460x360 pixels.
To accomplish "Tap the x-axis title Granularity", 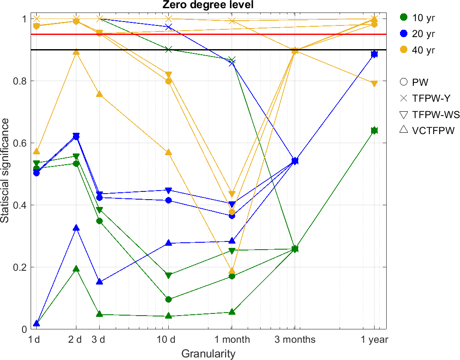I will tap(208, 354).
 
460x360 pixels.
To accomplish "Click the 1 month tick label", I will tap(232, 340).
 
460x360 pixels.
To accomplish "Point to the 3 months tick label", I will tap(296, 340).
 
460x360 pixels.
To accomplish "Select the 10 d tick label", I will tap(169, 340).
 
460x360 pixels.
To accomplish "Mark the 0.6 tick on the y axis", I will tap(21, 143).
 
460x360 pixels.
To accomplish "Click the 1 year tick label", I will tap(374, 340).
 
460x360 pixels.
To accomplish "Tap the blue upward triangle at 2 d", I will tap(76, 228).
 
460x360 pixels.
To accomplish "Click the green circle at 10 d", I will tap(169, 299).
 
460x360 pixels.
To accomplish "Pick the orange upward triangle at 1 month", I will tap(232, 271).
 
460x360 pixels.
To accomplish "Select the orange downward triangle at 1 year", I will tap(374, 84).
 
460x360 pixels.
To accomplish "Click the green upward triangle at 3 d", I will tap(99, 314).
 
